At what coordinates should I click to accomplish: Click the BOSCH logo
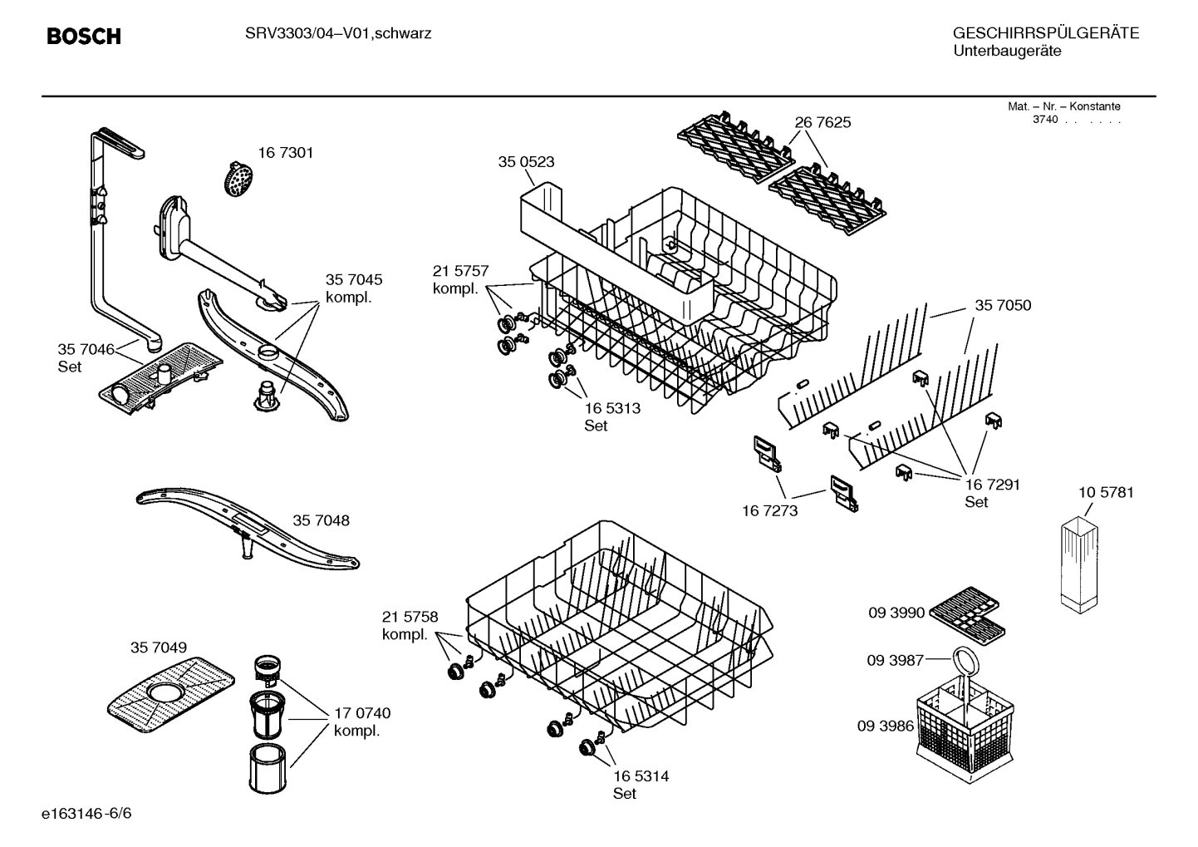coord(84,37)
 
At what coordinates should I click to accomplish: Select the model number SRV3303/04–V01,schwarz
coord(337,34)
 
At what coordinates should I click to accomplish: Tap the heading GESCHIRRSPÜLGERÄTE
coord(1045,33)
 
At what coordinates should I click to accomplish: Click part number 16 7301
coord(285,153)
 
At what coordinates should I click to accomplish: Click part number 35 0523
coord(526,162)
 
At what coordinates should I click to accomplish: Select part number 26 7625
coord(822,122)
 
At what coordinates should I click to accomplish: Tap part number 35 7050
coord(1003,305)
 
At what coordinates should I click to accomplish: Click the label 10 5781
coord(1106,492)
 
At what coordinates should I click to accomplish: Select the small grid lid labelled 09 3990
coord(964,613)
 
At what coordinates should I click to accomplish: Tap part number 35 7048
coord(321,520)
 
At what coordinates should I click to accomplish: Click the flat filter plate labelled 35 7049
coord(172,691)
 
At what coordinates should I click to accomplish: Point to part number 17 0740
coord(362,713)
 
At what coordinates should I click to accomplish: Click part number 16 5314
coord(641,776)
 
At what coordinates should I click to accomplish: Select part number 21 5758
coord(410,617)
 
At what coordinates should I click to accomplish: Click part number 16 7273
coord(769,510)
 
